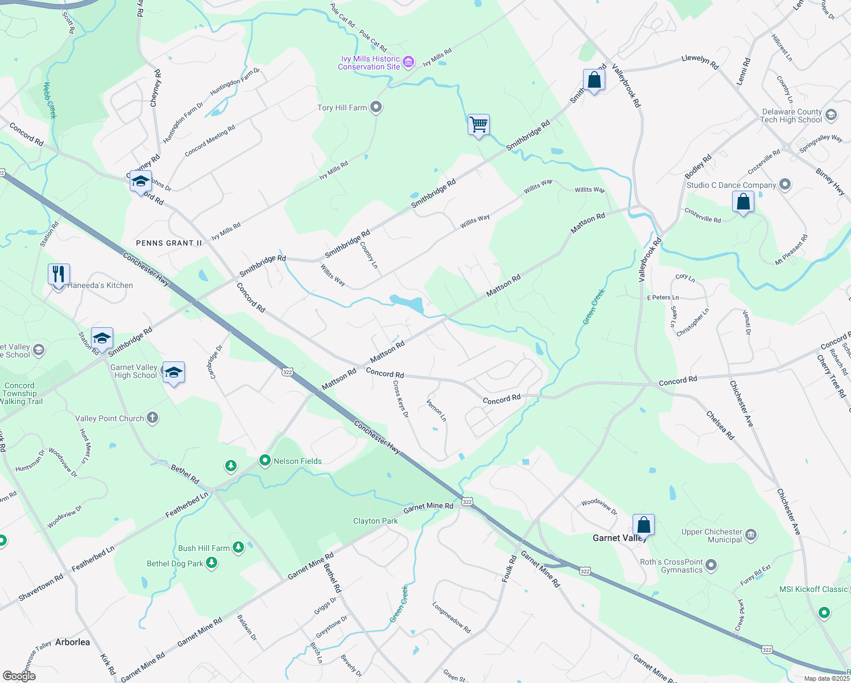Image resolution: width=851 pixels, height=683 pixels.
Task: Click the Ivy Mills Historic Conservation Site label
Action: pos(369,63)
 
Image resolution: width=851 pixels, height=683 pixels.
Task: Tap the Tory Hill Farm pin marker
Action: pos(375,107)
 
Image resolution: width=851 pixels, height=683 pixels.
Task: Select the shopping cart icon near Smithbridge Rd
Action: pos(478,124)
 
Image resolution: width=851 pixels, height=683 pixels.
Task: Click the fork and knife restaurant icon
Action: pos(59,275)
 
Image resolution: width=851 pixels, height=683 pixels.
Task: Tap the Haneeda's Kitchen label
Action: pos(100,285)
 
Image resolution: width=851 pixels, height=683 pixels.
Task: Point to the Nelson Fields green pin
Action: pos(265,460)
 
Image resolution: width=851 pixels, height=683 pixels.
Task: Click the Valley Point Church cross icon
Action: pos(152,418)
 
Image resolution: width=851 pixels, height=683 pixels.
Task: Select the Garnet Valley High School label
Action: pos(134,371)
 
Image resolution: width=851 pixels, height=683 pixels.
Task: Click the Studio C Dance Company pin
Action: pos(785,184)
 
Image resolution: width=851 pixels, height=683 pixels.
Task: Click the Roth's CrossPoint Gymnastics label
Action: pos(671,566)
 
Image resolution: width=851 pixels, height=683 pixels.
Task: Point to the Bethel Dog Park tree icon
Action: pos(212,563)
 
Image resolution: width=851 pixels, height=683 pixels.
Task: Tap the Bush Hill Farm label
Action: pos(204,548)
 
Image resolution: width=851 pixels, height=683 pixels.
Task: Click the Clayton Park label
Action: pos(375,521)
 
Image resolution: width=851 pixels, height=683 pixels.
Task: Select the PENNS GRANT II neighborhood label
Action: pos(169,243)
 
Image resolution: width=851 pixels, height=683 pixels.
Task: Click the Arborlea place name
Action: pos(72,642)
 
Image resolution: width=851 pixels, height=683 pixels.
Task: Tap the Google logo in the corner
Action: pos(19,676)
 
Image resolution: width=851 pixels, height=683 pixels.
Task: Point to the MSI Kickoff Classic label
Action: pos(813,589)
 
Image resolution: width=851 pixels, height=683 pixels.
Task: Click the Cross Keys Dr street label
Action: pos(400,398)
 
